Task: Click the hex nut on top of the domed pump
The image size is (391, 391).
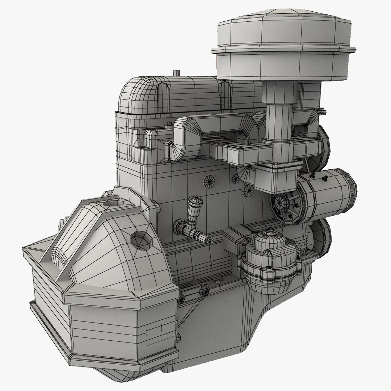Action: point(270,231)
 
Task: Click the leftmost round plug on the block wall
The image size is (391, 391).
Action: point(209,180)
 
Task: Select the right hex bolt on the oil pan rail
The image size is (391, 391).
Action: point(203,291)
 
